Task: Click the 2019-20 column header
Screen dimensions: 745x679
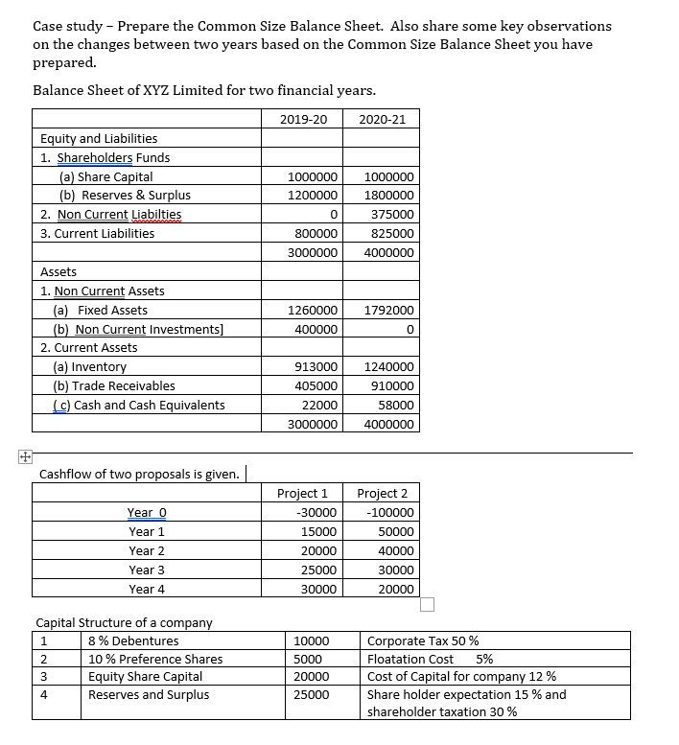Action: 303,119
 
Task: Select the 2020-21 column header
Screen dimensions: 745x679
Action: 382,119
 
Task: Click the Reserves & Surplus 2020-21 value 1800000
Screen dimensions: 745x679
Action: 389,196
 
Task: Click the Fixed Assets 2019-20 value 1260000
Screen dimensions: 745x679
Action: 312,311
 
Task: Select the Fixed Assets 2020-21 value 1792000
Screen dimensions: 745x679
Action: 389,311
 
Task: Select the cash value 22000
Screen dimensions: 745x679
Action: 319,405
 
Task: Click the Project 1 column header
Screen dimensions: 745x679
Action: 302,493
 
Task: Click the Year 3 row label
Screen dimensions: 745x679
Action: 147,570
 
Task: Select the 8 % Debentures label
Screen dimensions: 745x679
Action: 132,640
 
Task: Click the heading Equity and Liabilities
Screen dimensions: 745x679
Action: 99,139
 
